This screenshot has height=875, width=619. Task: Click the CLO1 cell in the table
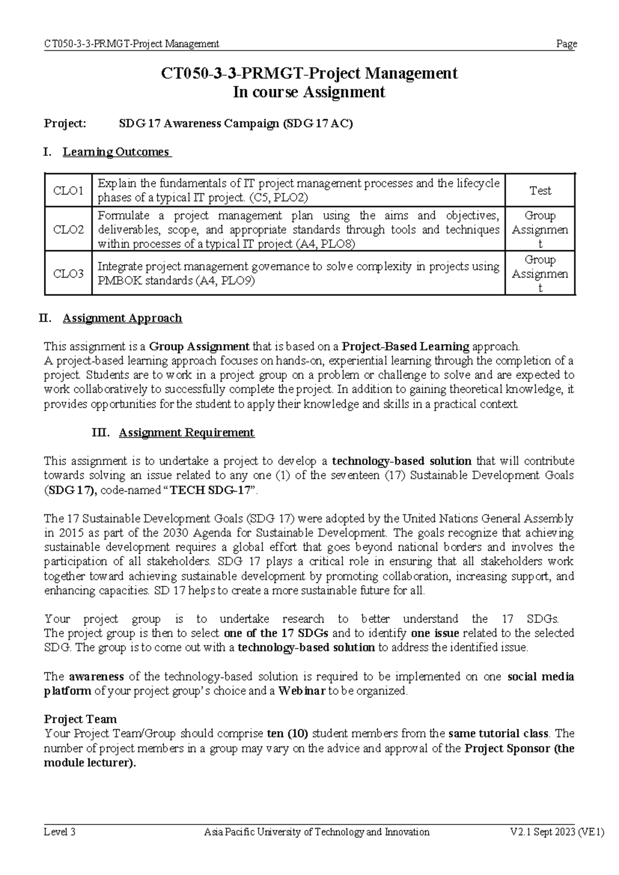pyautogui.click(x=68, y=191)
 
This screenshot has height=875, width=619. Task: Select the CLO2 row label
pyautogui.click(x=68, y=230)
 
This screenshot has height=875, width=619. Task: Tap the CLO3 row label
pyautogui.click(x=68, y=273)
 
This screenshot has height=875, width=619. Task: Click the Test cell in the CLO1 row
pyautogui.click(x=540, y=191)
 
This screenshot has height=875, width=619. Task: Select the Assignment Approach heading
pyautogui.click(x=122, y=318)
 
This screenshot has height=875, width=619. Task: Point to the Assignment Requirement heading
pyautogui.click(x=186, y=432)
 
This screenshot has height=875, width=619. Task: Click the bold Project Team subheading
pyautogui.click(x=80, y=719)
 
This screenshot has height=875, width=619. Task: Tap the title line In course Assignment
pyautogui.click(x=309, y=92)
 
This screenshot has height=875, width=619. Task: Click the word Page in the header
pyautogui.click(x=566, y=44)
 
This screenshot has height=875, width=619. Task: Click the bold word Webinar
pyautogui.click(x=301, y=691)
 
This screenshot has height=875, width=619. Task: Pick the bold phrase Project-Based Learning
pyautogui.click(x=405, y=346)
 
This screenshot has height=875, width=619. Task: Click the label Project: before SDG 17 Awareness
pyautogui.click(x=65, y=124)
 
